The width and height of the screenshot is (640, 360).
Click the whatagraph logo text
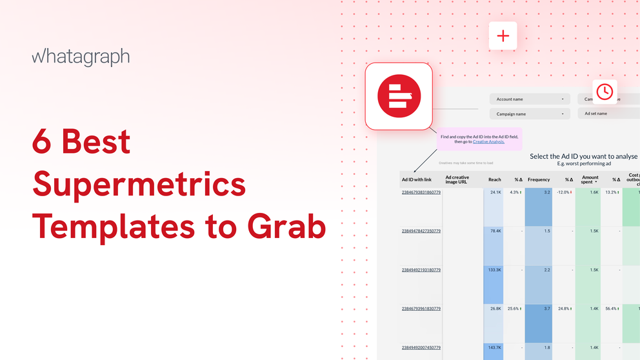(81, 57)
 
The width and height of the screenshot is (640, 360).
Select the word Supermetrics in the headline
(139, 184)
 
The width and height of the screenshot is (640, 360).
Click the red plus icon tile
(503, 36)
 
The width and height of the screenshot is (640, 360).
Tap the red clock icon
(604, 92)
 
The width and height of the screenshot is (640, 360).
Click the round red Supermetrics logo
(399, 96)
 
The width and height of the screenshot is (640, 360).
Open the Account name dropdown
(529, 99)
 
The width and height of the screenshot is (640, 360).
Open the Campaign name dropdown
(529, 114)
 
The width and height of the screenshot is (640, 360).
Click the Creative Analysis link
(488, 141)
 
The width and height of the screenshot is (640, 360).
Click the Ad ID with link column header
(416, 179)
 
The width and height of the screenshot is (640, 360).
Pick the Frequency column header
(539, 179)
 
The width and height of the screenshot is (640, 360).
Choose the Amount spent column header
(590, 179)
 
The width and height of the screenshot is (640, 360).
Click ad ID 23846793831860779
(421, 192)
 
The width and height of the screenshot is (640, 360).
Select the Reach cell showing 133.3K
(494, 270)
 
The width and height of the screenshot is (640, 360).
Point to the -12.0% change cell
(563, 192)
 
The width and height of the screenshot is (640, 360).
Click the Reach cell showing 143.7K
(494, 347)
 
